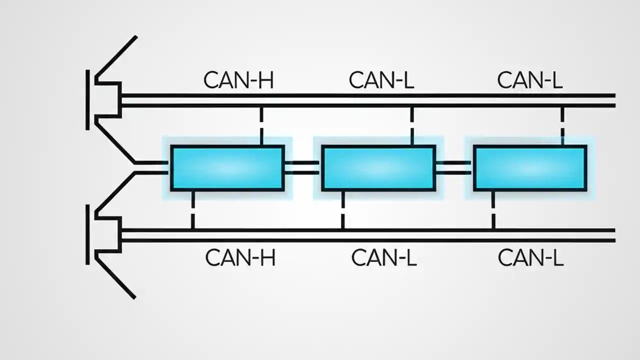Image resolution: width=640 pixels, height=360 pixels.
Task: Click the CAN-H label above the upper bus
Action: coord(238,80)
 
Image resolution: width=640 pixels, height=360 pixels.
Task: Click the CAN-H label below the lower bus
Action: coord(240,258)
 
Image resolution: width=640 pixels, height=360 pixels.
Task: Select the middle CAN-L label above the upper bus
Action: coord(381,80)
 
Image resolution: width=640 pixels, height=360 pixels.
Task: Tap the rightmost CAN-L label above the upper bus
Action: coord(529,80)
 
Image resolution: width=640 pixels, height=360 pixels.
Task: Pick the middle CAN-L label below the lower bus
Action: coord(383,258)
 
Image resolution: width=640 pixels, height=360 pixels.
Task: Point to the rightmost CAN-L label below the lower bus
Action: coord(530,258)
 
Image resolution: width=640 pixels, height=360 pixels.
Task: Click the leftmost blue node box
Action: coord(227,168)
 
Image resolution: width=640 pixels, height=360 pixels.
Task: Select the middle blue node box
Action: coord(378,168)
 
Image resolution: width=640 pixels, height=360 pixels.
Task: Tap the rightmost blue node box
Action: coord(530,168)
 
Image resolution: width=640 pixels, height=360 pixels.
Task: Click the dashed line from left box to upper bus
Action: coord(261,125)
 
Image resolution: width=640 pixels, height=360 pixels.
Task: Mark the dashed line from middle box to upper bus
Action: coord(412,125)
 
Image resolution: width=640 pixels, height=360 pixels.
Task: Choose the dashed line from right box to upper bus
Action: coord(562,125)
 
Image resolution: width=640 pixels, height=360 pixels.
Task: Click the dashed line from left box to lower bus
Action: coord(192,210)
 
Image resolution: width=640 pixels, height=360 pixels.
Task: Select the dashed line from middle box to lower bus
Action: coord(342,210)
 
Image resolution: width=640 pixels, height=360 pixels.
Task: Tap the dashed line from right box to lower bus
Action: coord(493,210)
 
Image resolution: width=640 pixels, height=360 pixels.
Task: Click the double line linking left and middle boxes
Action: coord(302,168)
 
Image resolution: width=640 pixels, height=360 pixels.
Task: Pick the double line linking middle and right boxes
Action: coord(454,168)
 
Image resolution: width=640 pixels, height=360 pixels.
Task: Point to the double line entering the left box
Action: coord(152,168)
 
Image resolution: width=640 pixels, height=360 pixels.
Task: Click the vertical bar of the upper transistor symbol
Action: coord(88,100)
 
